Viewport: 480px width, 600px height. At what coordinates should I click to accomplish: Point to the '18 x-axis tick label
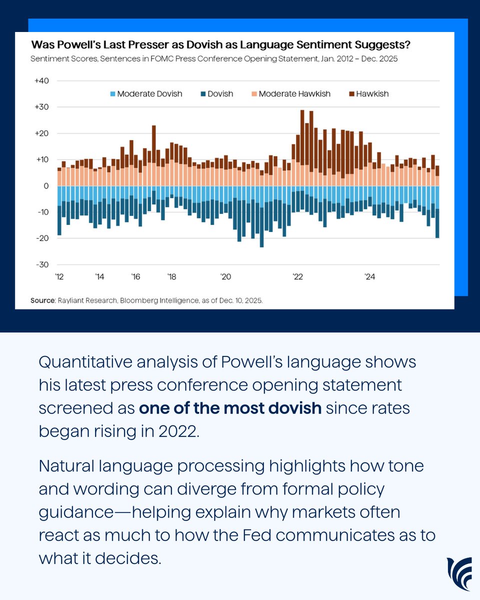click(171, 276)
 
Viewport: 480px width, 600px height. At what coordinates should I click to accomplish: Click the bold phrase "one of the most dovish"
click(230, 407)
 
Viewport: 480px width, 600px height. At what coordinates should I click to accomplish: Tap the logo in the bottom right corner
click(459, 573)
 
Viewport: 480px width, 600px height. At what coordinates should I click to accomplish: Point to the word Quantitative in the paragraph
click(88, 361)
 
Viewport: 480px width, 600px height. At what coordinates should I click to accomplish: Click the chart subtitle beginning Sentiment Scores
click(213, 59)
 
